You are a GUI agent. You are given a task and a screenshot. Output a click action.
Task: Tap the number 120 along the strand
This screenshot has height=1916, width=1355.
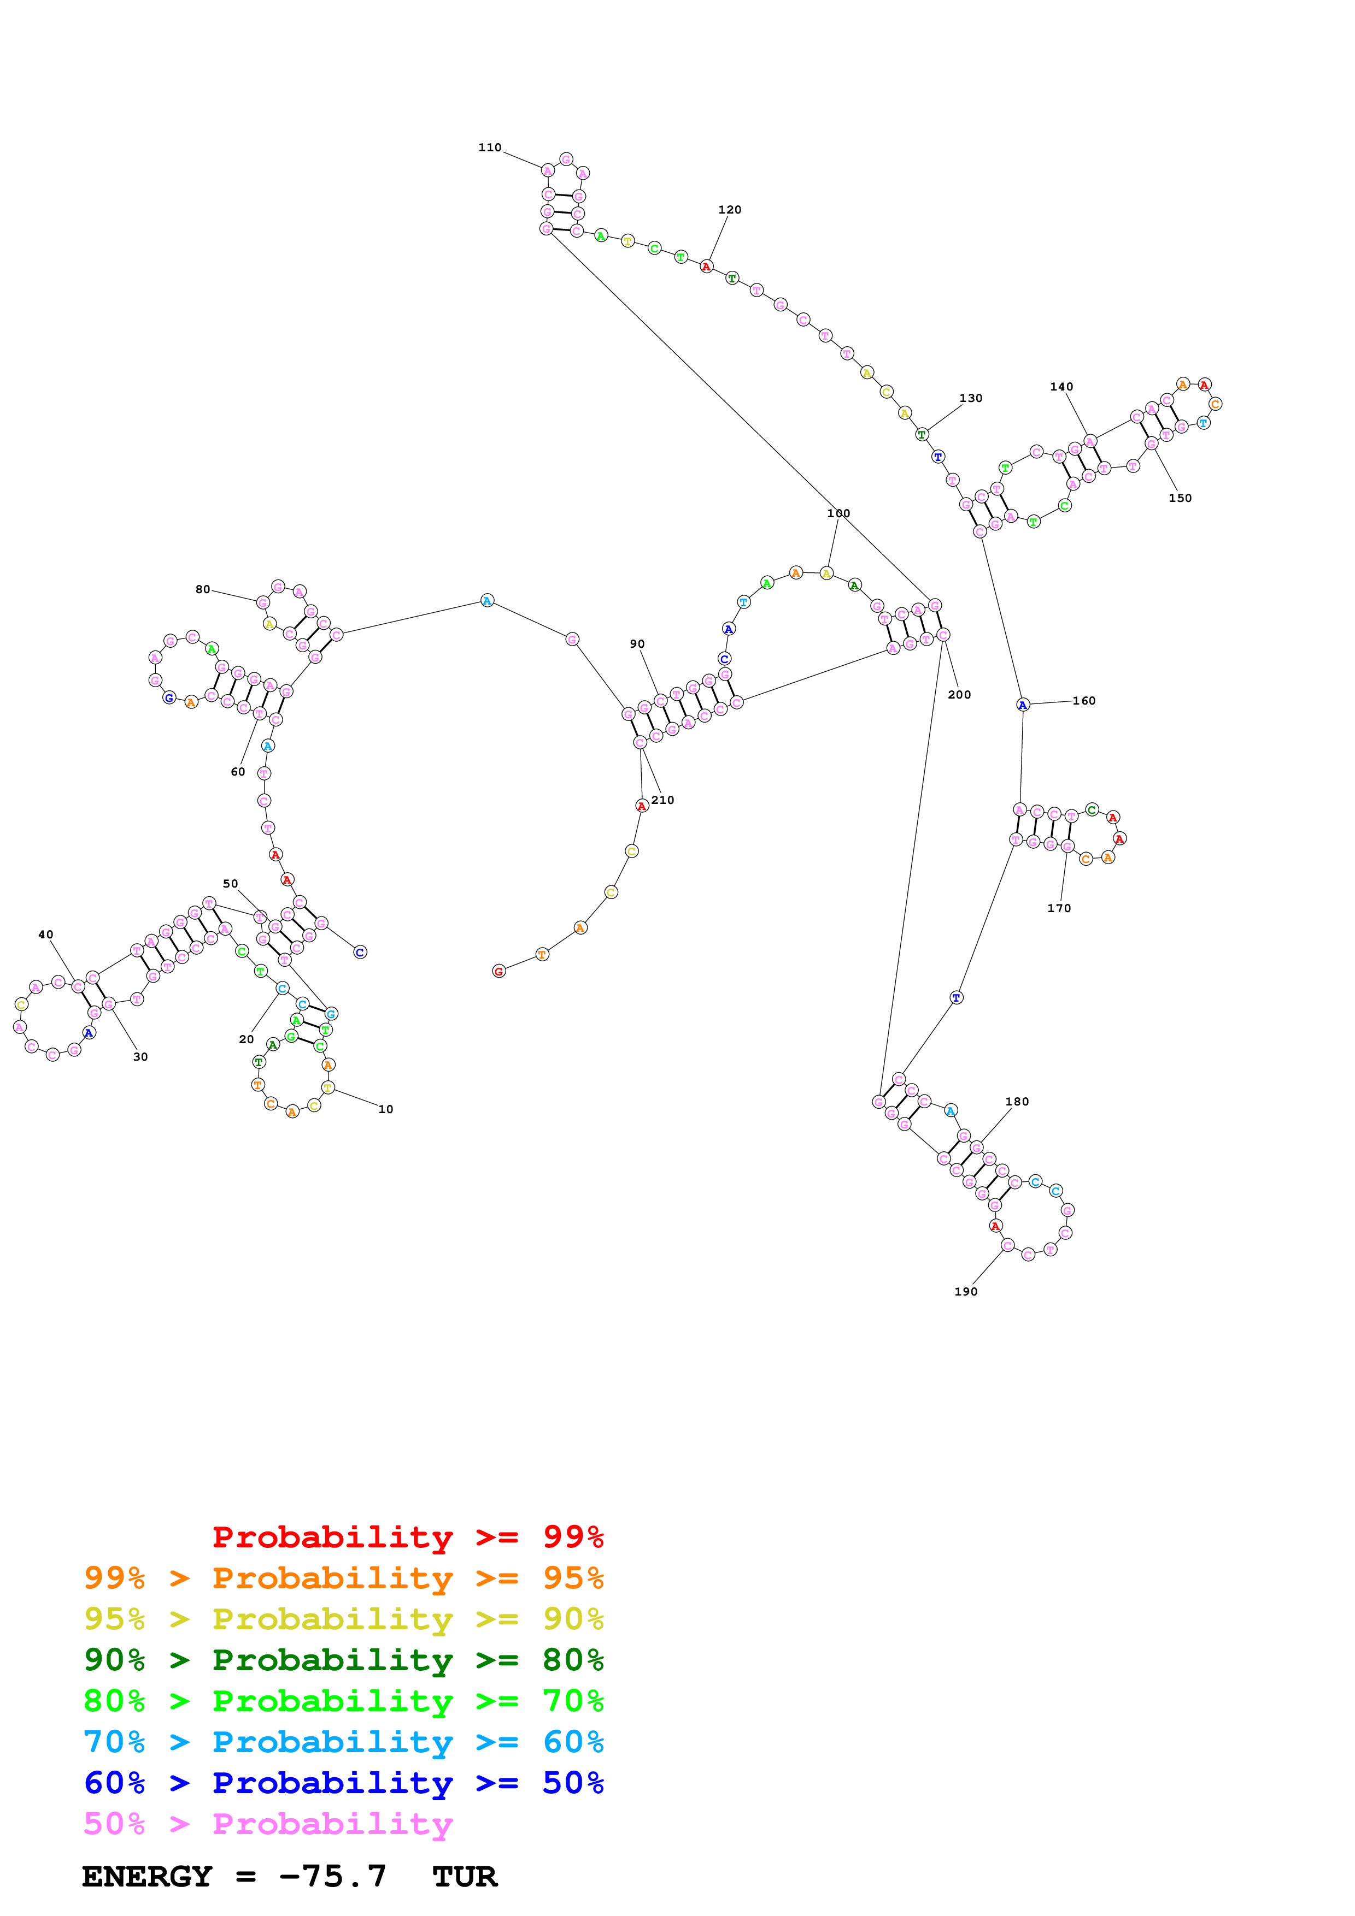730,209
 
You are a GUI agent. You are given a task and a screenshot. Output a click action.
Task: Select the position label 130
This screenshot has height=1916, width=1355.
970,398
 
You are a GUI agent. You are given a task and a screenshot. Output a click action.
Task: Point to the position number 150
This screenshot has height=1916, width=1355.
1180,498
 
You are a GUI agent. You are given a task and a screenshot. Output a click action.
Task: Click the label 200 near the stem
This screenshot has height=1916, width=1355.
959,694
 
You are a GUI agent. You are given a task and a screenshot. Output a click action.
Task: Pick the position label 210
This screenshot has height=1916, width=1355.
663,800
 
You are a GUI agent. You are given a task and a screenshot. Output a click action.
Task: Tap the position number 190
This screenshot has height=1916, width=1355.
966,1291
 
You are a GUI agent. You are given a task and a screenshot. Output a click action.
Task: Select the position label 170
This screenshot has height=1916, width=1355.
1059,908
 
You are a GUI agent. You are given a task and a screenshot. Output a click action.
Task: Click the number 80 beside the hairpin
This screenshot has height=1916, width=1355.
203,589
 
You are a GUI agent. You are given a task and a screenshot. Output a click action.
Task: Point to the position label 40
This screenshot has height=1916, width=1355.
46,935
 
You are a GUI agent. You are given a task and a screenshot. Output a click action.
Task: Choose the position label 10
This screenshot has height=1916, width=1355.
386,1109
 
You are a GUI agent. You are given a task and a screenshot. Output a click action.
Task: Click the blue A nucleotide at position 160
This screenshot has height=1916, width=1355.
1023,705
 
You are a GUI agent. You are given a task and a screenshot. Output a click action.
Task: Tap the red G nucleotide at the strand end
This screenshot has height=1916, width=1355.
498,971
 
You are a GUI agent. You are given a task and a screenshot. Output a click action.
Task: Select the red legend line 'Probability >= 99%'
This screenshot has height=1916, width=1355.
407,1537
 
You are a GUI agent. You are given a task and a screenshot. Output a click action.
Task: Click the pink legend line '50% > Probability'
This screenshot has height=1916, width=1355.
268,1824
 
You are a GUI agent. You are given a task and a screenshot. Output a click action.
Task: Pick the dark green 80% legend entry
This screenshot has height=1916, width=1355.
343,1660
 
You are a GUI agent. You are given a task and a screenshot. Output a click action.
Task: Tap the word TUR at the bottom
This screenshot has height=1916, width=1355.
465,1877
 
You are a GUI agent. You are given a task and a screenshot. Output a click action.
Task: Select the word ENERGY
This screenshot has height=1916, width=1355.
147,1877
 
